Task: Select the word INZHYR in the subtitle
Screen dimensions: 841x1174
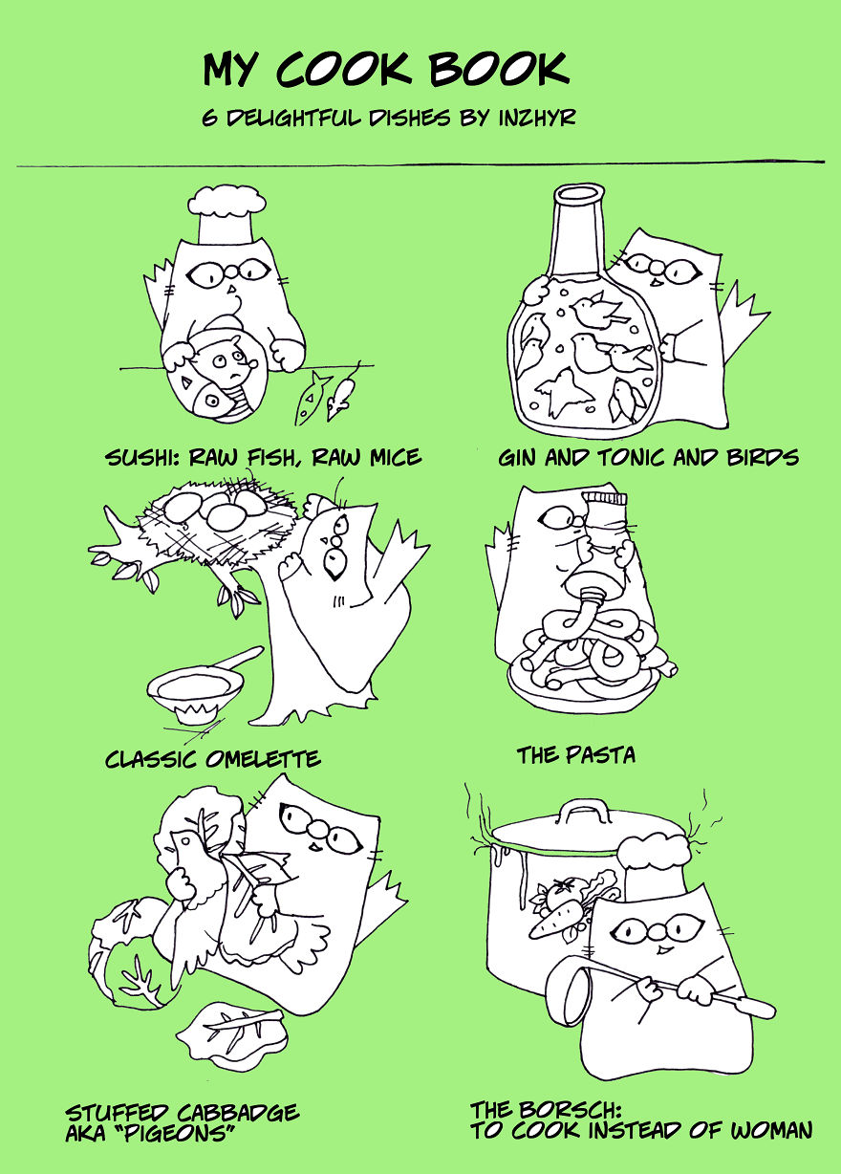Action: tap(536, 118)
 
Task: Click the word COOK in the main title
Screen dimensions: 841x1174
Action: tap(344, 69)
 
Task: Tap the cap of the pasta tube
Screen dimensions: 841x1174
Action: tap(606, 499)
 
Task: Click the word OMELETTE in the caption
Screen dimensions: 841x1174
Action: tap(263, 759)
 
